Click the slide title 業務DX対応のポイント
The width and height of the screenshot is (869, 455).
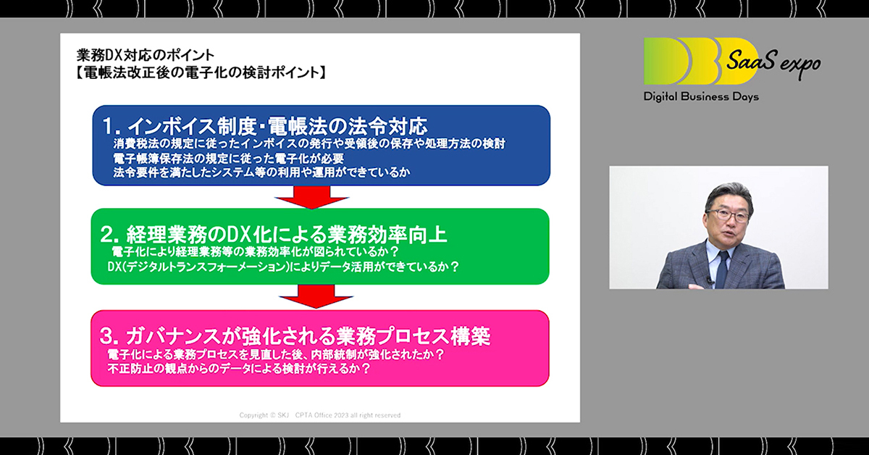pos(146,55)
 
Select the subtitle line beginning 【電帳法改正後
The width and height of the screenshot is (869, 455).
pos(200,72)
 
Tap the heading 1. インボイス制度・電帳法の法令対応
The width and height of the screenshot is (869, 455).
pos(265,126)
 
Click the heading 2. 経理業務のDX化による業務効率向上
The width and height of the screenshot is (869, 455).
pos(274,234)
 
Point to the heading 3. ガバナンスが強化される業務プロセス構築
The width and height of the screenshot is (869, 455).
pos(295,336)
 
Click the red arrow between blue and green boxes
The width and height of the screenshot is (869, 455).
pos(312,197)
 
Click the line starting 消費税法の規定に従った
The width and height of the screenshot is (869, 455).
pos(309,143)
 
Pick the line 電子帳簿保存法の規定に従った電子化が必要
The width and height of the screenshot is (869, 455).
pos(229,159)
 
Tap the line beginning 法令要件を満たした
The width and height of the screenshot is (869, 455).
pos(261,172)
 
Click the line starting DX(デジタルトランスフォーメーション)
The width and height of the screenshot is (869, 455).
pos(283,267)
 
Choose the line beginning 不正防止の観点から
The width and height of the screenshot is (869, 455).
pos(239,369)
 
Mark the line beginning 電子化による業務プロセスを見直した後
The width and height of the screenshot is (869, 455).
pos(275,354)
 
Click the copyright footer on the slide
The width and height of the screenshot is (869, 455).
pos(319,415)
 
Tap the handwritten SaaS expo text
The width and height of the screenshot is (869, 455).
pos(773,62)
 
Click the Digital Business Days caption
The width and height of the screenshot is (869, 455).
pos(701,96)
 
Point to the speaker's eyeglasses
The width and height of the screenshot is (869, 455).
pos(727,214)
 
